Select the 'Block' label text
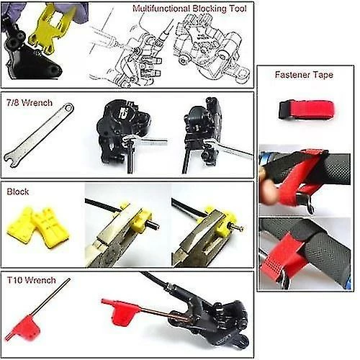(x=18, y=192)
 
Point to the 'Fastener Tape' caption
(x=306, y=75)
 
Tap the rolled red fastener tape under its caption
(x=306, y=110)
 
